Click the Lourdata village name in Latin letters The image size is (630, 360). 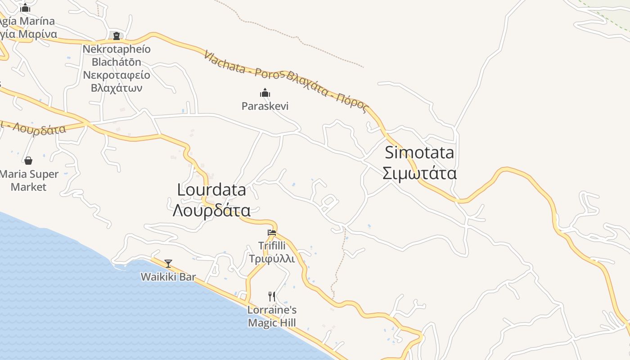pyautogui.click(x=211, y=190)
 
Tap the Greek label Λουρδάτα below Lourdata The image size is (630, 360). pyautogui.click(x=211, y=210)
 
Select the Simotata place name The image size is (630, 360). pyautogui.click(x=419, y=153)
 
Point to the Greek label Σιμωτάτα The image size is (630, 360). pyautogui.click(x=419, y=174)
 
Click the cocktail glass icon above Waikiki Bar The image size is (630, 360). pyautogui.click(x=168, y=264)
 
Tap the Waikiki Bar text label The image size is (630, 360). pyautogui.click(x=168, y=277)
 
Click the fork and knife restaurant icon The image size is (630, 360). pyautogui.click(x=272, y=296)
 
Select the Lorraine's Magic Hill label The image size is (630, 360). pyautogui.click(x=272, y=316)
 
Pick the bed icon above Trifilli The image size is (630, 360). pyautogui.click(x=272, y=233)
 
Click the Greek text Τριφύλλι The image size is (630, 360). pyautogui.click(x=272, y=259)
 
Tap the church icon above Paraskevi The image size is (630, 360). pyautogui.click(x=265, y=93)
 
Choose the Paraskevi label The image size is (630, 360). pyautogui.click(x=265, y=106)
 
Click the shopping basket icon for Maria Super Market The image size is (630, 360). pyautogui.click(x=28, y=161)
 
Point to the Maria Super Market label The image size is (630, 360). pyautogui.click(x=29, y=180)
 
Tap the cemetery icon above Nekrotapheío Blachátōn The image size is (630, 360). pyautogui.click(x=117, y=36)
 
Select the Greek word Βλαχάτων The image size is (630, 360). pyautogui.click(x=117, y=88)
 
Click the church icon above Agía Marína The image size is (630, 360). pyautogui.click(x=26, y=8)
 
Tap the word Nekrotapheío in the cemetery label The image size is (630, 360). pyautogui.click(x=117, y=49)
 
